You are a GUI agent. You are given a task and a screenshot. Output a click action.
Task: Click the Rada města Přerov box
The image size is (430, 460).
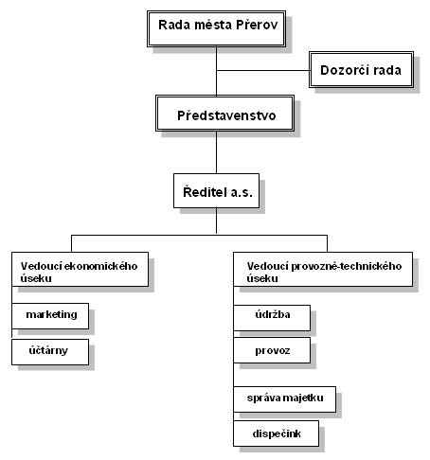point(216,28)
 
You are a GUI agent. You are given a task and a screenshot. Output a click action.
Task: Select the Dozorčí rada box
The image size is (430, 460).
point(361,70)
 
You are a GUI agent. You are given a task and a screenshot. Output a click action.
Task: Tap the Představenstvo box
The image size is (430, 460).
point(224,114)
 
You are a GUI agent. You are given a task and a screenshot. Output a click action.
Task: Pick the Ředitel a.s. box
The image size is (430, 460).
point(216,190)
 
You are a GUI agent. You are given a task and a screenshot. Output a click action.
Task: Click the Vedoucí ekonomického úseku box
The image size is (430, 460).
point(80,269)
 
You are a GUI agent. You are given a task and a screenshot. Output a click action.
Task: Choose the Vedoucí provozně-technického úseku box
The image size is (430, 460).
point(323,269)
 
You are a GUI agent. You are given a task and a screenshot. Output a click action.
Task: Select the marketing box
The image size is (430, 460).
point(50,316)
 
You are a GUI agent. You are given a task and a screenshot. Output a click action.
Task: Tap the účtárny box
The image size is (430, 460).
point(50,352)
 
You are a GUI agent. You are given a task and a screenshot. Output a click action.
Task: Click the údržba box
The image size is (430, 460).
point(272,318)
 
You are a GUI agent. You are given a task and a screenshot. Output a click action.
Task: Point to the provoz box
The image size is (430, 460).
point(272,350)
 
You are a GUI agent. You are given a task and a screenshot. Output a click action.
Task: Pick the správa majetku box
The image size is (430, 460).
point(284,399)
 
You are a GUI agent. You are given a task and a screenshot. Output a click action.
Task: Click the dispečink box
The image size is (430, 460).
point(276,433)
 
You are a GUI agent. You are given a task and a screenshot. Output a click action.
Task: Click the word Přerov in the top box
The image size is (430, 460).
point(257,25)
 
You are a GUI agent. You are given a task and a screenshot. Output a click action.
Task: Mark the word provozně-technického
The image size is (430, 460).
point(347,266)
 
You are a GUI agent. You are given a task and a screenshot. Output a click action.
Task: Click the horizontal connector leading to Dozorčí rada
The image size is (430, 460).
point(262,70)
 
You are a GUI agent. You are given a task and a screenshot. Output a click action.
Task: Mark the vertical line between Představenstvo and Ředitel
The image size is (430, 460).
point(217,152)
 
